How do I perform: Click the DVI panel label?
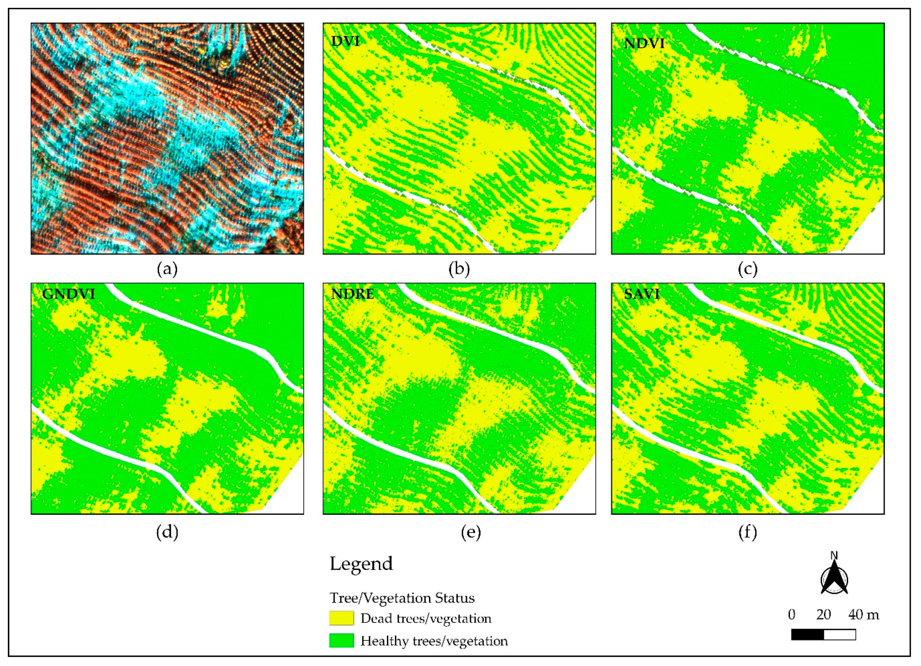346,41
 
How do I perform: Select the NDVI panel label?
644,43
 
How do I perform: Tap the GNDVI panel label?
68,293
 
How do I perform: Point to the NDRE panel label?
352,293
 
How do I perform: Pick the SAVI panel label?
642,293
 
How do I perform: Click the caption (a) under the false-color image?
167,269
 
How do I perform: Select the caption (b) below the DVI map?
459,269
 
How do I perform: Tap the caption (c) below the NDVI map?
748,269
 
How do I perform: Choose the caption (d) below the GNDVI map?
167,532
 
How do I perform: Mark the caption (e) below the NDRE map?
471,532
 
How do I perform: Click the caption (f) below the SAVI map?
748,532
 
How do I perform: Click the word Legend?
361,564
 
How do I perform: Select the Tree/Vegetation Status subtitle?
402,598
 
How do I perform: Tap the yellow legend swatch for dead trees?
341,618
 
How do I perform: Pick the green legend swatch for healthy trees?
341,641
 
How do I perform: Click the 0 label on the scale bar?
792,614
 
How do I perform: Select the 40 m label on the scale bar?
863,614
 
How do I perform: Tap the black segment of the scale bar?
807,634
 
